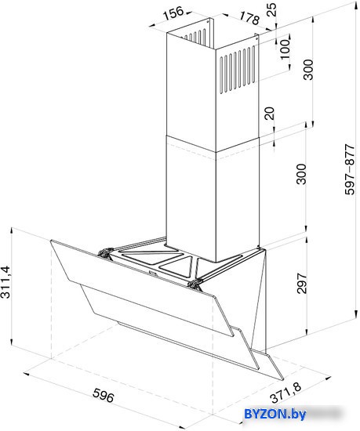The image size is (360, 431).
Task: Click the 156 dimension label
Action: click(173, 13)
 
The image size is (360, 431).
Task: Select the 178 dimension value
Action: click(249, 18)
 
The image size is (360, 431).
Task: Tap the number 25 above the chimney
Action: click(271, 9)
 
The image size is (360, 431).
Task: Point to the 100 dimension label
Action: click(285, 49)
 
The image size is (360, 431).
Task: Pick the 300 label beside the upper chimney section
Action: click(308, 70)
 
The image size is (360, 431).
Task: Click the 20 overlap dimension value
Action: click(270, 114)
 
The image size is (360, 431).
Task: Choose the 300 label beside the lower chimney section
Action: click(301, 174)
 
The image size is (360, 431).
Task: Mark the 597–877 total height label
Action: click(350, 169)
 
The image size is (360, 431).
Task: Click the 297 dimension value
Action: click(302, 284)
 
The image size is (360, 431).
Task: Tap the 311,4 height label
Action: click(5, 282)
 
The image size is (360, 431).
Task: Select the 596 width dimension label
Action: click(103, 395)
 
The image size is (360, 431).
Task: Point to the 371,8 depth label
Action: click(285, 393)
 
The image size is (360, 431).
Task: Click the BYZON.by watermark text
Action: click(275, 414)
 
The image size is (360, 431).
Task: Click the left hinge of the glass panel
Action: click(105, 252)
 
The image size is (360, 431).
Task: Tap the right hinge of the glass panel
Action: click(195, 284)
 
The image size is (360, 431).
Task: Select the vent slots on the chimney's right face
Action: click(238, 70)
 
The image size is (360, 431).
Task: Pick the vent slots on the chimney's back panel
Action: click(195, 36)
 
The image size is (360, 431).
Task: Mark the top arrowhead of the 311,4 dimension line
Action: click(11, 230)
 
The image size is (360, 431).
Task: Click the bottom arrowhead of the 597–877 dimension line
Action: click(356, 315)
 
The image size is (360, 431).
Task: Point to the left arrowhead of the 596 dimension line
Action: click(27, 374)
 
